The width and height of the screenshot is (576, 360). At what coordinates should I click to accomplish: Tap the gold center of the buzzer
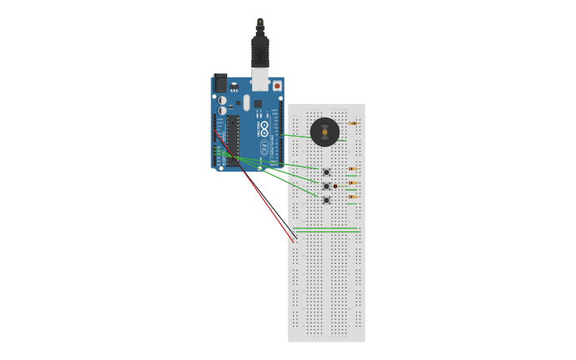tap(324, 132)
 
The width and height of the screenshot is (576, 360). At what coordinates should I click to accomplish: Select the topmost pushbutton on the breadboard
tap(326, 172)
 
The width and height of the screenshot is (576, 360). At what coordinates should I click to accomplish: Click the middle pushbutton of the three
tap(326, 186)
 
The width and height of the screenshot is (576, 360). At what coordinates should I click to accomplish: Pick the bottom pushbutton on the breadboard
tap(326, 200)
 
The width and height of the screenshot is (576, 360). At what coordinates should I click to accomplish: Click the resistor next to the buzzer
tap(352, 123)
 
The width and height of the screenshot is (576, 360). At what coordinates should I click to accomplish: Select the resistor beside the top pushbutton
tap(352, 168)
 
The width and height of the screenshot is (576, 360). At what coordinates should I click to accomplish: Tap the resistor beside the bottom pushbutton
tap(352, 196)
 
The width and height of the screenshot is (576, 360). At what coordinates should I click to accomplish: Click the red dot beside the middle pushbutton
tap(335, 186)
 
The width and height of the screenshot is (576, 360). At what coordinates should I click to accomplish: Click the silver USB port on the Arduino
tap(260, 79)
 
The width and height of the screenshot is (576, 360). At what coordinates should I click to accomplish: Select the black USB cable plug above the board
tap(260, 52)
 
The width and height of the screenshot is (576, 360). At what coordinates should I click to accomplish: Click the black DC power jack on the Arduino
tap(220, 83)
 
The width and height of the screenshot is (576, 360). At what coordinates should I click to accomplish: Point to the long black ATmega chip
tap(233, 141)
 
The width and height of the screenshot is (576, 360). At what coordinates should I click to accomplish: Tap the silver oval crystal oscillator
tap(246, 103)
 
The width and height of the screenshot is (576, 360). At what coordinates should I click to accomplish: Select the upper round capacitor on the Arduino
tap(222, 100)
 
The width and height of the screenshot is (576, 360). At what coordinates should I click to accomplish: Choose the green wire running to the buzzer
tap(298, 136)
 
